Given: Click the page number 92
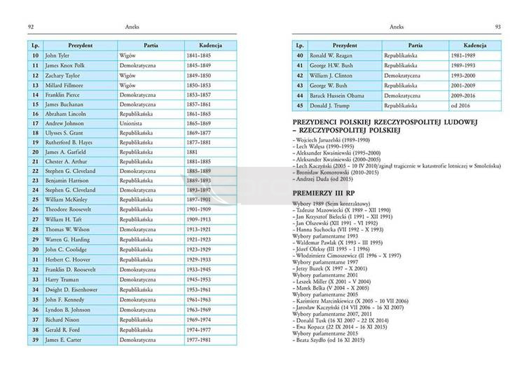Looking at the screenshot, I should [x=31, y=27].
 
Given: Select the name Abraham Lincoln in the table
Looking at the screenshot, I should [x=66, y=113].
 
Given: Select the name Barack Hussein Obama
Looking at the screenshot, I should [x=342, y=94].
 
